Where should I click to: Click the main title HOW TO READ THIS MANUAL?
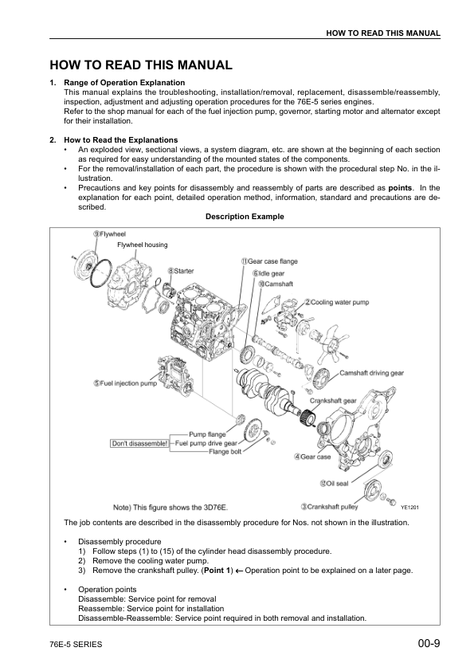141,65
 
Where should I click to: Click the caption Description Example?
245,216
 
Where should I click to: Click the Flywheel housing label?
143,245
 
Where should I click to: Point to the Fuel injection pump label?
124,383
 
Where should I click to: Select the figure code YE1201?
409,507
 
